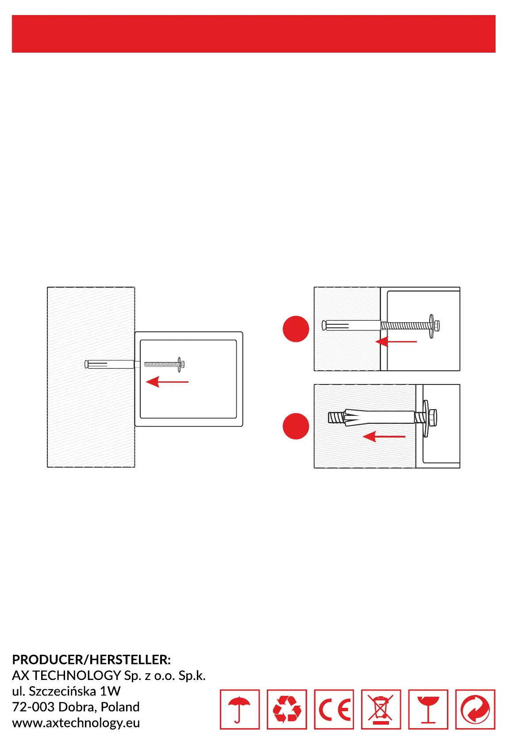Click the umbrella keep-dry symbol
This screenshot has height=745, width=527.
pos(239,709)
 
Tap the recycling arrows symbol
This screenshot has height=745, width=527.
pos(287,709)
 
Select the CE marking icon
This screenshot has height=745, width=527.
pos(334,709)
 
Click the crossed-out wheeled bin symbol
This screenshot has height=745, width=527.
pos(381,709)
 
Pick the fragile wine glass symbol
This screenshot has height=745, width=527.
pos(428,709)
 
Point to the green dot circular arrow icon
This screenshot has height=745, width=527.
pos(475,709)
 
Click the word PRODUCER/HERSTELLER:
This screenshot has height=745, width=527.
pos(91,660)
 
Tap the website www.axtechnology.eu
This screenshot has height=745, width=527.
pos(76,722)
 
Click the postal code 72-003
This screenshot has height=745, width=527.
pos(33,707)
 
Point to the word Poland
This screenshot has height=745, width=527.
pos(120,707)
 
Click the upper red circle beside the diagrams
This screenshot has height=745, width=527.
pos(296,329)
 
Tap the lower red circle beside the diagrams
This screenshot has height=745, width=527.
pos(296,426)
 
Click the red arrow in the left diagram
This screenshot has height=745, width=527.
pos(167,381)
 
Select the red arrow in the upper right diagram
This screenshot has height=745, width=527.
pos(396,342)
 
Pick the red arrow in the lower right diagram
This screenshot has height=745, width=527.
pos(384,437)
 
